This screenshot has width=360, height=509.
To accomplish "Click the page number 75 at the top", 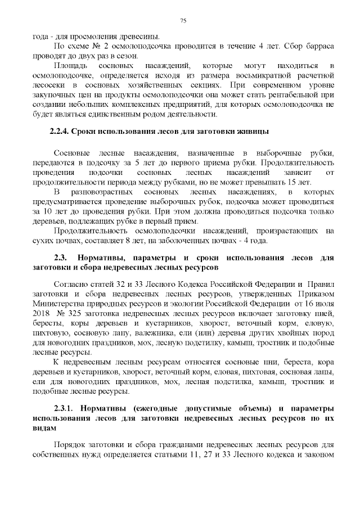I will tap(183, 21).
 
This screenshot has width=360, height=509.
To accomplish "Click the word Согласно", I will tap(70, 283).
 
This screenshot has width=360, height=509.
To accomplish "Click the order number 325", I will tap(77, 313).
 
